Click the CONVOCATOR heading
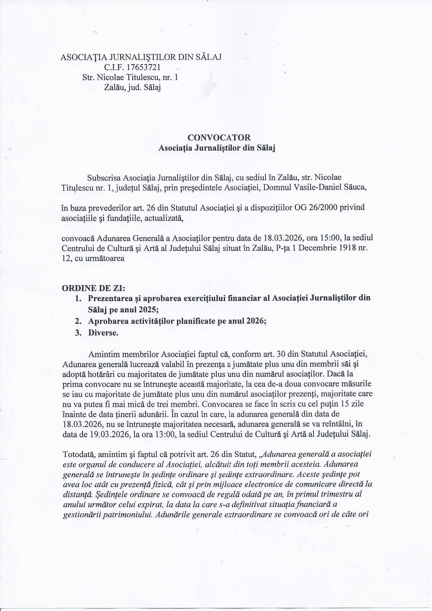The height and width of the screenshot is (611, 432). click(x=219, y=138)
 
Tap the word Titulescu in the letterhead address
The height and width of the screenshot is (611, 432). click(x=141, y=77)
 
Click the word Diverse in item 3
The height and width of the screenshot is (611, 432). click(x=103, y=333)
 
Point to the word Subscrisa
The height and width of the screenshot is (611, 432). click(x=104, y=178)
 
